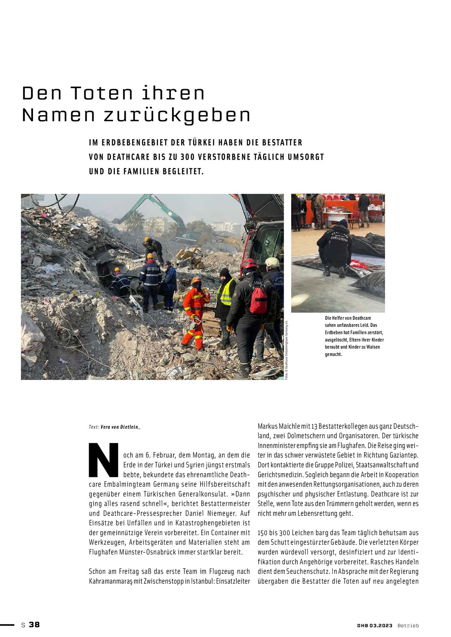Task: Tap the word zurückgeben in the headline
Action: point(177,116)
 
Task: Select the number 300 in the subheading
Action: point(187,157)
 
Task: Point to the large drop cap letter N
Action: point(104,460)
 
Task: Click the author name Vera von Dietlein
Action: point(120,427)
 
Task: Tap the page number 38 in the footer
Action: point(34,624)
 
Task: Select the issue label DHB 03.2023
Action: point(374,625)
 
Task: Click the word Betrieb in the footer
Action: point(408,625)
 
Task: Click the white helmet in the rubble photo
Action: point(272,262)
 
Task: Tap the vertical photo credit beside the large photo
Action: point(287,350)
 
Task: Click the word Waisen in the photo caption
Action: point(373,347)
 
